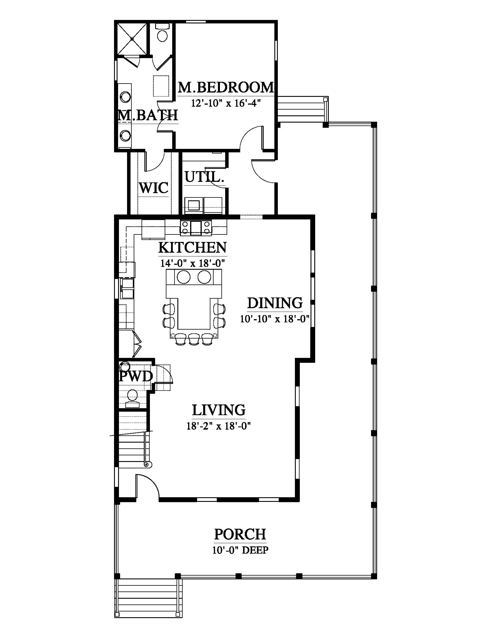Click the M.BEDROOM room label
[x=226, y=87]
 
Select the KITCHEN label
[x=193, y=247]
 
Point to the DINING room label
[x=275, y=303]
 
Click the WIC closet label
[x=154, y=188]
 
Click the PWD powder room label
[x=136, y=376]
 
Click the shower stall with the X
[x=132, y=39]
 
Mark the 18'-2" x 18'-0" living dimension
[x=219, y=426]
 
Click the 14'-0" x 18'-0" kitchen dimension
[x=193, y=263]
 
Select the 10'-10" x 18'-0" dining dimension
[x=275, y=319]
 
